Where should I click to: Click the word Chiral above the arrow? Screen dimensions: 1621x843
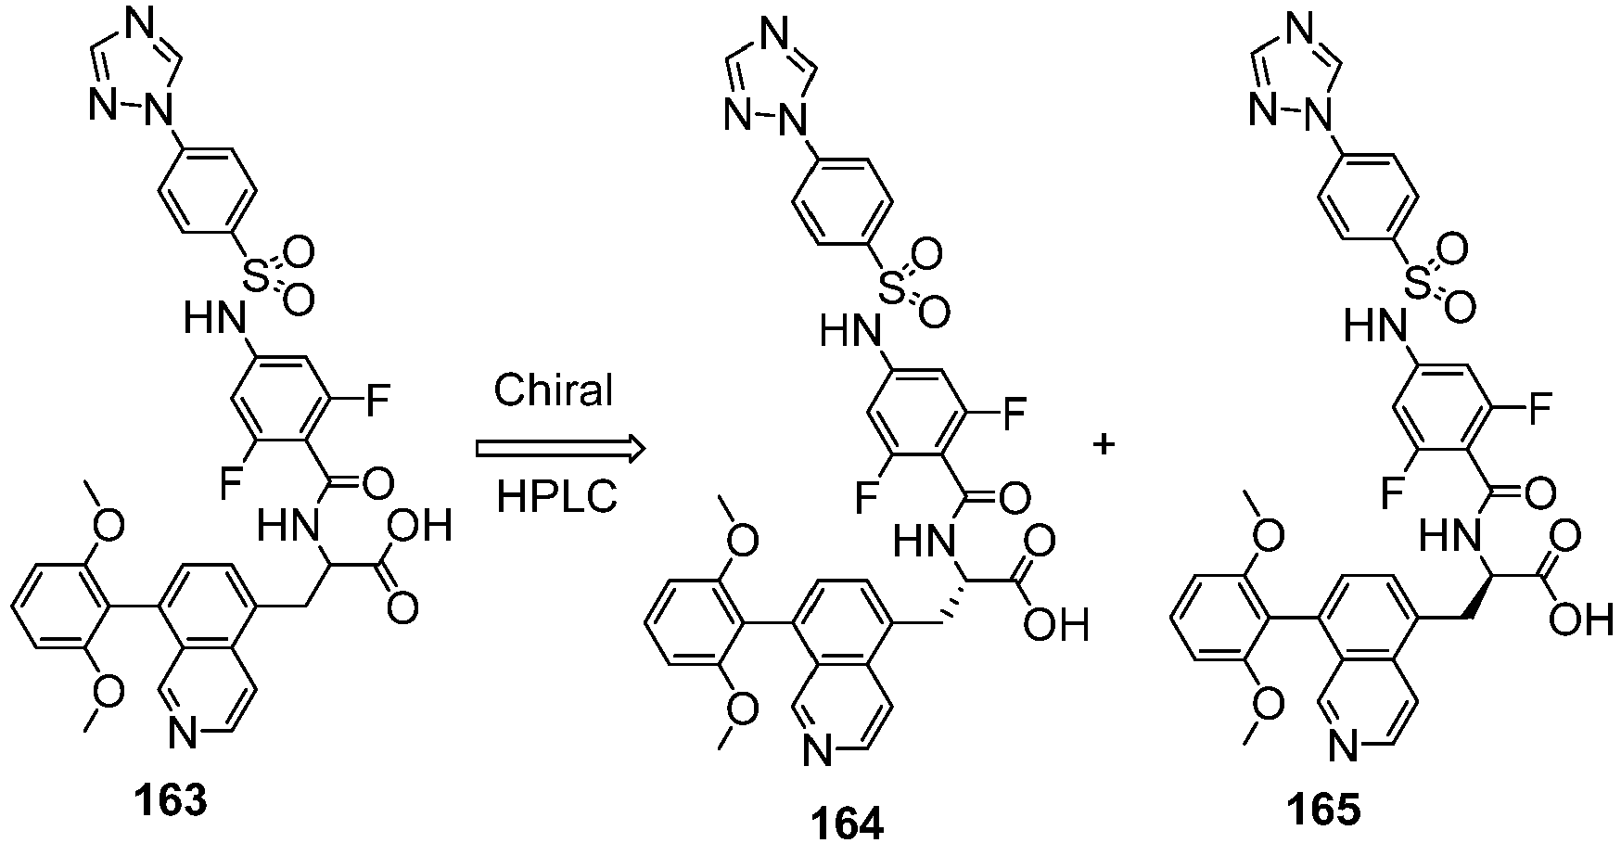[554, 390]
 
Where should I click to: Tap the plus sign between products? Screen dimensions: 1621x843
[1103, 446]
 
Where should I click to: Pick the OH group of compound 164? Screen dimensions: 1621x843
[1056, 627]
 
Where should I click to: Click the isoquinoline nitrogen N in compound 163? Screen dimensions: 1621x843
[183, 735]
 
